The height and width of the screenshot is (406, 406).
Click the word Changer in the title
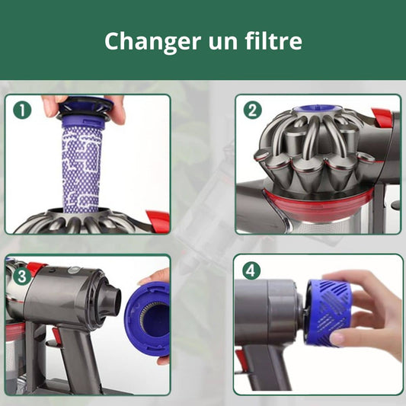pyautogui.click(x=153, y=42)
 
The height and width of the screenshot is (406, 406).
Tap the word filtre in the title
pyautogui.click(x=273, y=40)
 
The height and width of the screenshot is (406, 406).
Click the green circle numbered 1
pyautogui.click(x=22, y=110)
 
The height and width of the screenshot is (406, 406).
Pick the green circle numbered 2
pyautogui.click(x=253, y=110)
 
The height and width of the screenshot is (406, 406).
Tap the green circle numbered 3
pyautogui.click(x=22, y=277)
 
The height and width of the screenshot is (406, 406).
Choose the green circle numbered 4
pyautogui.click(x=251, y=271)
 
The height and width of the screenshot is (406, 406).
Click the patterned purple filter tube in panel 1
pyautogui.click(x=81, y=168)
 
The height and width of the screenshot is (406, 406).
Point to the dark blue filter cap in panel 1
pyautogui.click(x=85, y=109)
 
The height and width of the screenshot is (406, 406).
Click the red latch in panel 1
pyautogui.click(x=158, y=221)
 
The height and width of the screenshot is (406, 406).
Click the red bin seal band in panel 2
pyautogui.click(x=318, y=205)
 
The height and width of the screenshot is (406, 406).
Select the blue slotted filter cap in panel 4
pyautogui.click(x=328, y=312)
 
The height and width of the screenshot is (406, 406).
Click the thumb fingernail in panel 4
pyautogui.click(x=337, y=337)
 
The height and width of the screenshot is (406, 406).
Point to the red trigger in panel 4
pyautogui.click(x=240, y=359)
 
